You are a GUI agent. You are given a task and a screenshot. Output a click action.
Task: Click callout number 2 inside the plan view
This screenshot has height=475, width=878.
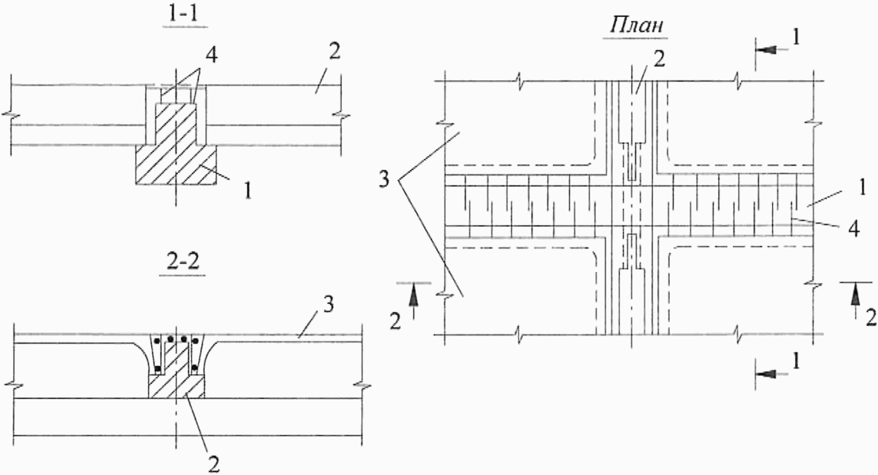coord(660,59)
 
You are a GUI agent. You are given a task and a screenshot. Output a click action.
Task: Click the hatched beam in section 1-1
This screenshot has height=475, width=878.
coord(175,160)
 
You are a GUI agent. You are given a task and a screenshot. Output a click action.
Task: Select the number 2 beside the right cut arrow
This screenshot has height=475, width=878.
coord(871,318)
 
